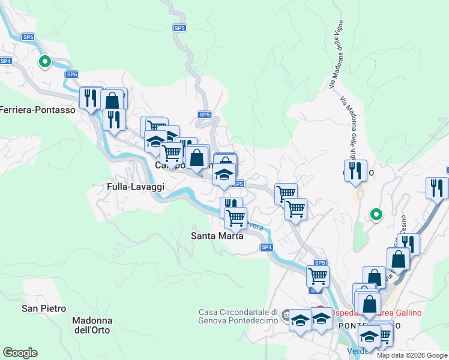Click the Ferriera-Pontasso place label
pos(38,110)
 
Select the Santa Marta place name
pos(217,236)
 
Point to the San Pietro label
pos(44,308)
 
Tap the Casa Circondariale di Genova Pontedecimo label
pos(238,316)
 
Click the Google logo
pos(20,353)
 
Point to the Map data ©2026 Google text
pos(412,355)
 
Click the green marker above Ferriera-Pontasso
pos(44,61)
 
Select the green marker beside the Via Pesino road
pos(376,214)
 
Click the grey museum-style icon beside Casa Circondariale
pos(286,314)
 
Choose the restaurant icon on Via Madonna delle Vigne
pos(356,170)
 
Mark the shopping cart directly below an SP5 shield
pos(317,275)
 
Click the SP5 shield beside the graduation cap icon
pos(238,184)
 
